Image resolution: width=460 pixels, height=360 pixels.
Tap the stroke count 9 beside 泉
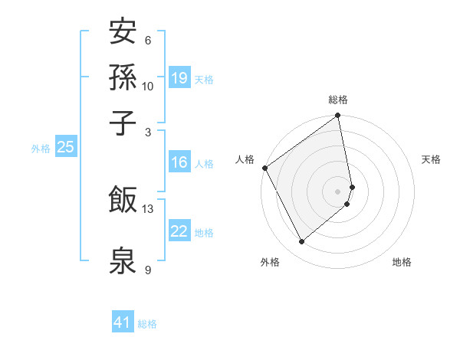[x=148, y=270]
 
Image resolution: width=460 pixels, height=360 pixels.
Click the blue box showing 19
[x=179, y=77]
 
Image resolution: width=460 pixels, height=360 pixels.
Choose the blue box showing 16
[x=179, y=162]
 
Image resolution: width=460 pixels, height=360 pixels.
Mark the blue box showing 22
[x=179, y=231]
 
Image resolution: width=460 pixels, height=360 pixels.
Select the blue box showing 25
[x=65, y=147]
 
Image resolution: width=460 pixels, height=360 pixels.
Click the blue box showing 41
[x=123, y=322]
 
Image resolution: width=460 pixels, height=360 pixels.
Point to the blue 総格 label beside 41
[x=147, y=324]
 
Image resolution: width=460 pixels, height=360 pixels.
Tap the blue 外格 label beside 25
[x=40, y=149]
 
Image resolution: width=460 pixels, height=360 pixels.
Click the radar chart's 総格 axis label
[x=338, y=100]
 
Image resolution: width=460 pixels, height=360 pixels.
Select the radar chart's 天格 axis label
[x=431, y=159]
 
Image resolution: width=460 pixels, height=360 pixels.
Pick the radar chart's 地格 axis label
[x=402, y=262]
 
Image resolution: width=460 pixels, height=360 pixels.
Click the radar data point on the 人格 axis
[x=264, y=168]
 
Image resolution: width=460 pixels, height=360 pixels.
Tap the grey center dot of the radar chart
[x=338, y=191]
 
